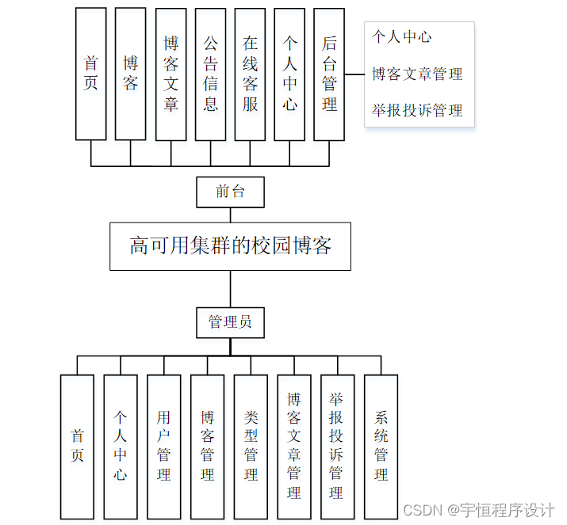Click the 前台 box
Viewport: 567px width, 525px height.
tap(230, 191)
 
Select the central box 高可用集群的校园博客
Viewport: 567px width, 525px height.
tap(230, 246)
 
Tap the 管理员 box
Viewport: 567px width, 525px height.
tap(230, 321)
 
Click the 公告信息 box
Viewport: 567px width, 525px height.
tap(210, 74)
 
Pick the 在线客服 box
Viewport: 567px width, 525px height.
tap(250, 74)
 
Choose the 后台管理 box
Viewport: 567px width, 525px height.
tap(329, 74)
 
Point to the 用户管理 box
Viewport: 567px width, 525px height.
tap(164, 447)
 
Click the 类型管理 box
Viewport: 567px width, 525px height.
tap(251, 447)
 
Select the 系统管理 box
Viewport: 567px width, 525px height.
tap(381, 447)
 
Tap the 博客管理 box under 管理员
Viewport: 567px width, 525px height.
tap(207, 447)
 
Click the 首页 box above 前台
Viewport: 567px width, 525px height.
tap(90, 74)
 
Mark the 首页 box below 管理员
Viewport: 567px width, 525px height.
tap(77, 447)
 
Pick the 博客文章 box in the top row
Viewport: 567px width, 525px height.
tap(170, 74)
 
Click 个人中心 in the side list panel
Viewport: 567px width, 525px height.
tap(403, 37)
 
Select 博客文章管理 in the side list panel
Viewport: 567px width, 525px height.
tap(417, 74)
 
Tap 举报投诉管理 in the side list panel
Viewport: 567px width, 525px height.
tap(417, 111)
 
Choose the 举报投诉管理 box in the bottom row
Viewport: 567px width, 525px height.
tap(337, 447)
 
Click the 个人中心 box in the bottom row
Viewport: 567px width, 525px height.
tap(121, 447)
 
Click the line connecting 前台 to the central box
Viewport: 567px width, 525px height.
tap(230, 214)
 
